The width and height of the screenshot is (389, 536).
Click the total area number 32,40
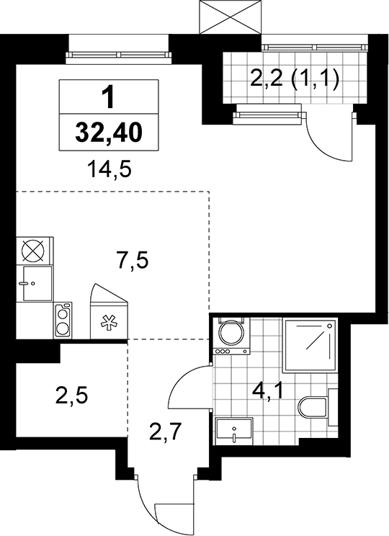pos(109,133)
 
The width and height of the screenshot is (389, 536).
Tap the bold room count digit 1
pos(109,97)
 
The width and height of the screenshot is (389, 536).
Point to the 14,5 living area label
pos(109,170)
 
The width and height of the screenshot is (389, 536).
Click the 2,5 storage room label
pos(71,396)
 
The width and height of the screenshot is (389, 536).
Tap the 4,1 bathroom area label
pos(268,391)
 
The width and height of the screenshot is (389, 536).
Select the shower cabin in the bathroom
pos(310,346)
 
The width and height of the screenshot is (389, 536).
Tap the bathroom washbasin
pos(234,431)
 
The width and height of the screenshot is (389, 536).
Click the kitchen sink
pos(37,283)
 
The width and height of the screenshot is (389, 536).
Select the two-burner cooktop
pos(63,321)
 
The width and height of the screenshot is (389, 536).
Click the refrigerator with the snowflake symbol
pos(109,311)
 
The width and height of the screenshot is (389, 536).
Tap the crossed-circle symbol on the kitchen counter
pos(33,251)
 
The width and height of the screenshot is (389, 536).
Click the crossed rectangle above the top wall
pos(231,17)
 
